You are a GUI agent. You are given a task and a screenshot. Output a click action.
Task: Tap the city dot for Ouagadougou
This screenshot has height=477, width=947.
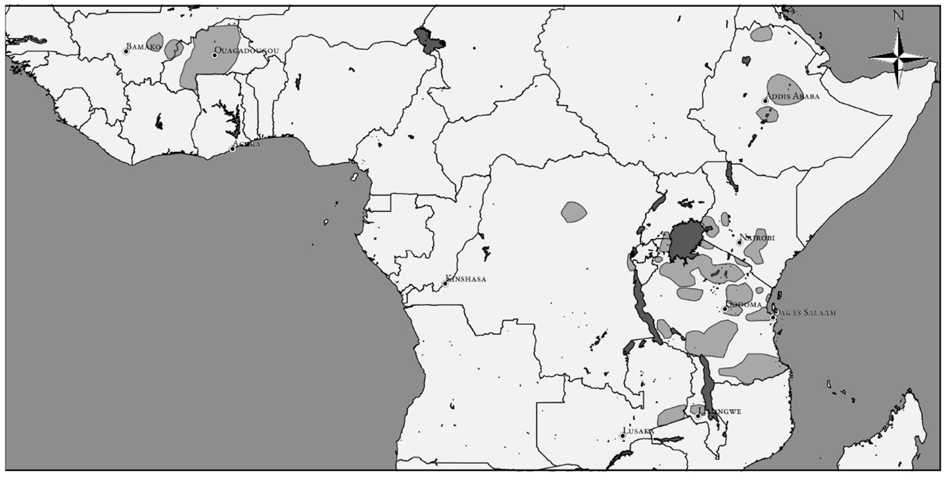point(215,56)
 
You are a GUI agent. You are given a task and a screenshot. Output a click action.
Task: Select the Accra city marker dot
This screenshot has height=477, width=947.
point(233,149)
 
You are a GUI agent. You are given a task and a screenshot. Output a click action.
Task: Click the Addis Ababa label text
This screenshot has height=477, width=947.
point(793,97)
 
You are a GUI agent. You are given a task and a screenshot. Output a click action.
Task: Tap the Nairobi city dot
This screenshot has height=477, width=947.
point(739,243)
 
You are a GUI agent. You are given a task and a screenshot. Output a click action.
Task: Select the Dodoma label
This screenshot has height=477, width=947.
point(744,304)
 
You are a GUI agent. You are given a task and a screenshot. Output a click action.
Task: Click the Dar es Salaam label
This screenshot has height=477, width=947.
point(806,312)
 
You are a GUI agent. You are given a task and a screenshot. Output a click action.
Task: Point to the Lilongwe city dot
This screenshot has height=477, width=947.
point(698,416)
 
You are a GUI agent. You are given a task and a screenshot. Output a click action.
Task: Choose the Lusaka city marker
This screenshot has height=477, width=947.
point(623,435)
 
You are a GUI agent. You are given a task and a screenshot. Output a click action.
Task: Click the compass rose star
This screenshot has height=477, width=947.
point(898,58)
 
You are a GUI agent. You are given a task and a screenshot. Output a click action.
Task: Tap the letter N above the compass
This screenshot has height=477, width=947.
point(898,16)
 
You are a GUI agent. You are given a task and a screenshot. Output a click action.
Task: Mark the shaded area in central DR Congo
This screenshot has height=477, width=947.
point(573,212)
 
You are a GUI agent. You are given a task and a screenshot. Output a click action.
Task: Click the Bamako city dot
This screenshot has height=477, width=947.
point(126,51)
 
